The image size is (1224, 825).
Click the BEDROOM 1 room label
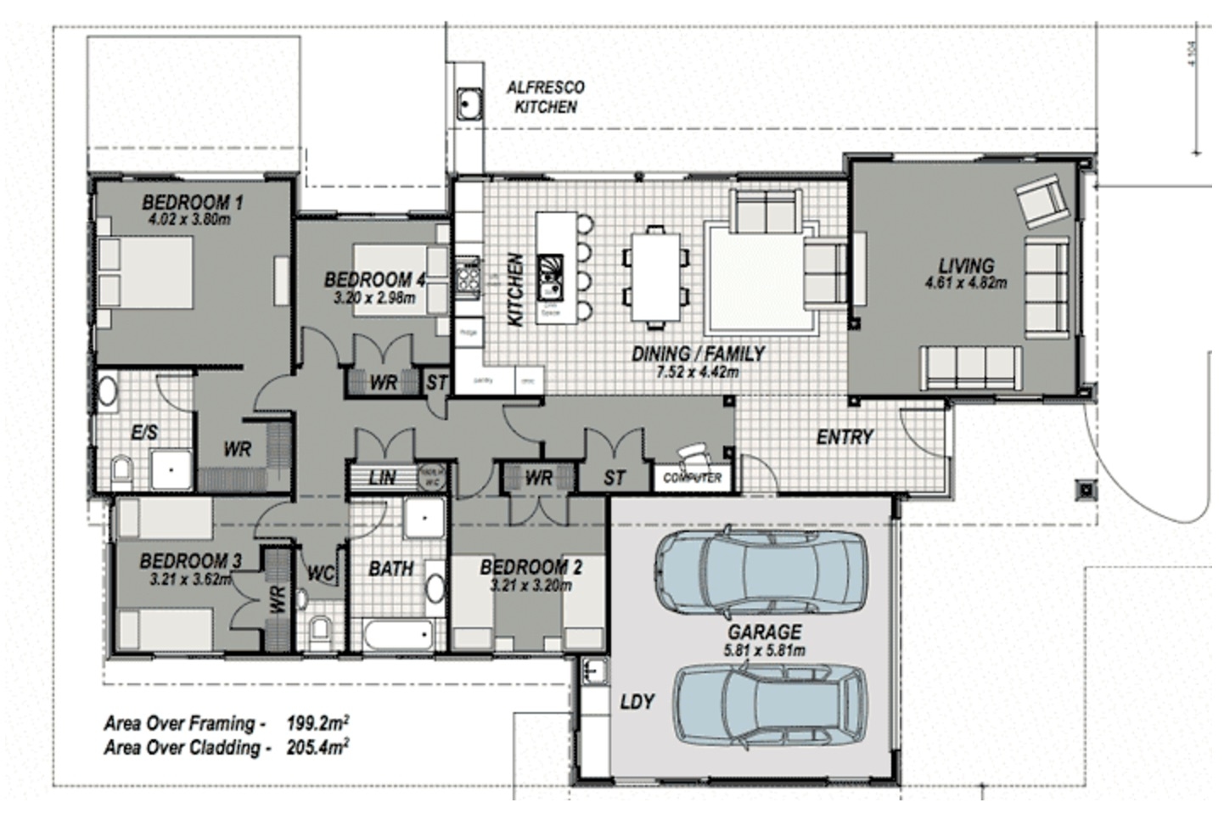(193, 202)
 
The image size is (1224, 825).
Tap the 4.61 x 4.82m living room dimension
(966, 283)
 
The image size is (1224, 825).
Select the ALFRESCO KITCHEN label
(545, 97)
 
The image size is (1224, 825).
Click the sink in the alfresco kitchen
(469, 105)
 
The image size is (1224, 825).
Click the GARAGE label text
(764, 631)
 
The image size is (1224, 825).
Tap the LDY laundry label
(637, 702)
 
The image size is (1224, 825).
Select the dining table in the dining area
(655, 277)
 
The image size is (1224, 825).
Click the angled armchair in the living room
(1041, 202)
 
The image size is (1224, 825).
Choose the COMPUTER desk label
(693, 478)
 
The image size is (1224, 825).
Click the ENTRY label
(844, 437)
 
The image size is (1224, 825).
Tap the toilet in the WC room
(321, 628)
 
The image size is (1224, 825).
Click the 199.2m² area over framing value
(318, 723)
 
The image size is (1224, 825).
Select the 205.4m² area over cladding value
(318, 747)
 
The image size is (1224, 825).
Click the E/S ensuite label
(144, 433)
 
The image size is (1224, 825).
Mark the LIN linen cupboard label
(382, 478)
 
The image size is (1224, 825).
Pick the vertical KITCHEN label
(515, 289)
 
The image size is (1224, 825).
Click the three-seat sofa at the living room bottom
(971, 368)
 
